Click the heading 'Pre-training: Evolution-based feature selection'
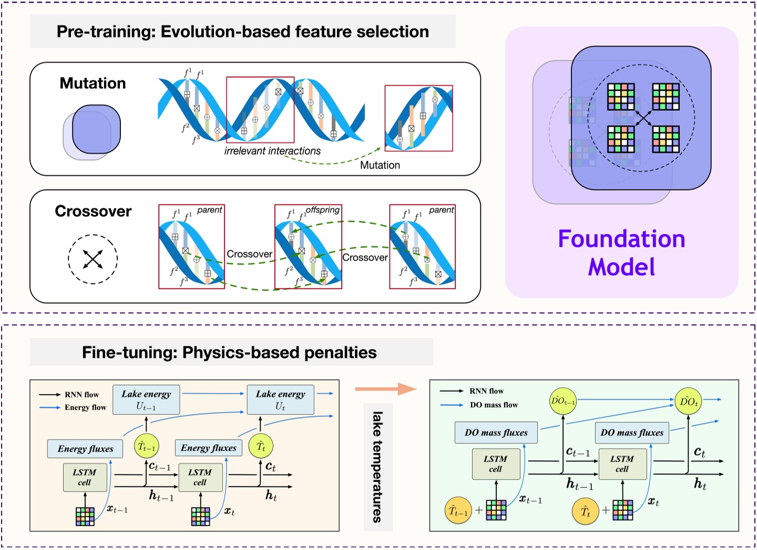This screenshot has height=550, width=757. (242, 32)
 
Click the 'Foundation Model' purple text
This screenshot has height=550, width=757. (621, 253)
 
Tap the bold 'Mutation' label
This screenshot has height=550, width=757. (93, 83)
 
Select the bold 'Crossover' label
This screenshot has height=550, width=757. (93, 211)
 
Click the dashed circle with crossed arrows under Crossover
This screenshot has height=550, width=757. (93, 259)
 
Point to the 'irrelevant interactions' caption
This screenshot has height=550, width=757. (272, 151)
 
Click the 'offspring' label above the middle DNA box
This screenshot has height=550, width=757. (322, 210)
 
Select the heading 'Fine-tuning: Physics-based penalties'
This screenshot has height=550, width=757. (229, 352)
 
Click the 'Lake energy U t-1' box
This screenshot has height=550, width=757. (146, 400)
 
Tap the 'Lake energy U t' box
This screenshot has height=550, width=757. (280, 400)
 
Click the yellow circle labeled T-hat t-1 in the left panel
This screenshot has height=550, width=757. (146, 447)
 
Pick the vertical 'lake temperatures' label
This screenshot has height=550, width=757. (377, 466)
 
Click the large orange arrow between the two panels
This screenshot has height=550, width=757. (385, 389)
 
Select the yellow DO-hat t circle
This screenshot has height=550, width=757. (688, 402)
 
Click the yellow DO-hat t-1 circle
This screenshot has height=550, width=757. (562, 401)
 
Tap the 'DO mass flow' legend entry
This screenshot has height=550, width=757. (494, 405)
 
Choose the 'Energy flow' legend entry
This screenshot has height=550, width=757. (85, 407)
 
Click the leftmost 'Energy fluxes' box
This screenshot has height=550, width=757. (85, 449)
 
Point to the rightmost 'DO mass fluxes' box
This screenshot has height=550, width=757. (632, 433)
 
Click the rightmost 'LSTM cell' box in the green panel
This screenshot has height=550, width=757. (622, 464)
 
